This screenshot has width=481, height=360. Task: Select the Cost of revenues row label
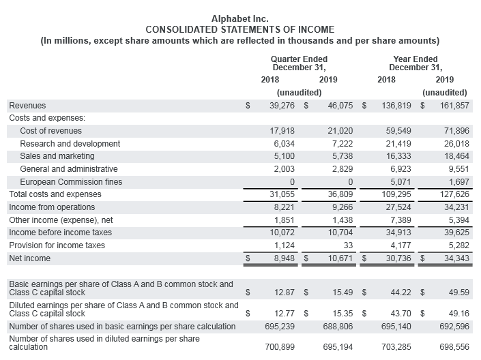51,131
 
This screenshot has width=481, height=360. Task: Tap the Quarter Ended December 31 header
299,63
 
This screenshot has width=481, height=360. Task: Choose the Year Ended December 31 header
416,63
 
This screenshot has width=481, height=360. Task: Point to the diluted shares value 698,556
452,347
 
